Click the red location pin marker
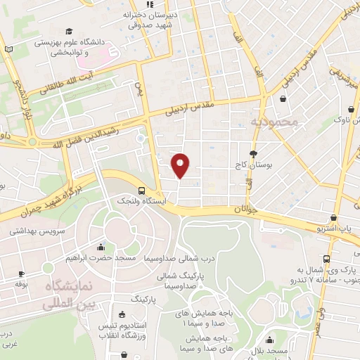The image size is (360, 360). coord(181,165)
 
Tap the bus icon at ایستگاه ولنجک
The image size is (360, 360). coord(143,190)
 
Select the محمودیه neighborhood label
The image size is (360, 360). coord(274,122)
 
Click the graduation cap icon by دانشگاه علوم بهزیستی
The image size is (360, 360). coord(69,32)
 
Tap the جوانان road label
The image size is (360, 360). coord(245,208)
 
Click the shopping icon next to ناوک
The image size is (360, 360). coord(352,111)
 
